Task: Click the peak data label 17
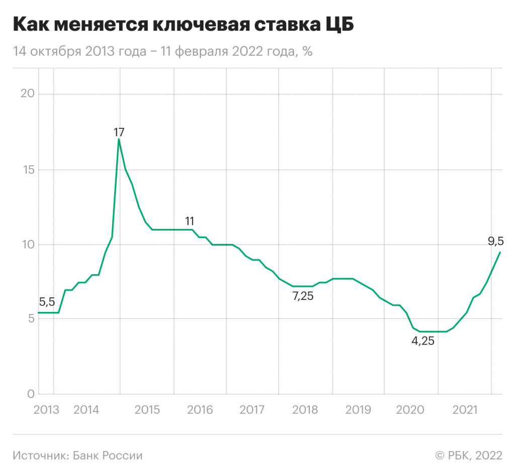[x=119, y=133]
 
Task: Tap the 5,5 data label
[x=47, y=302]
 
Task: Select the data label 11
[x=190, y=221]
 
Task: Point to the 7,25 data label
[x=303, y=297]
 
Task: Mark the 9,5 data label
[x=495, y=242]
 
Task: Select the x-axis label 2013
[x=46, y=410]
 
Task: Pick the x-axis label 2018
[x=305, y=410]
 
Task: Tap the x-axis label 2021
[x=465, y=410]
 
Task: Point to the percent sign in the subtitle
[x=308, y=51]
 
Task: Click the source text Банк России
[x=108, y=455]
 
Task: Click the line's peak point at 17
[x=119, y=139]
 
